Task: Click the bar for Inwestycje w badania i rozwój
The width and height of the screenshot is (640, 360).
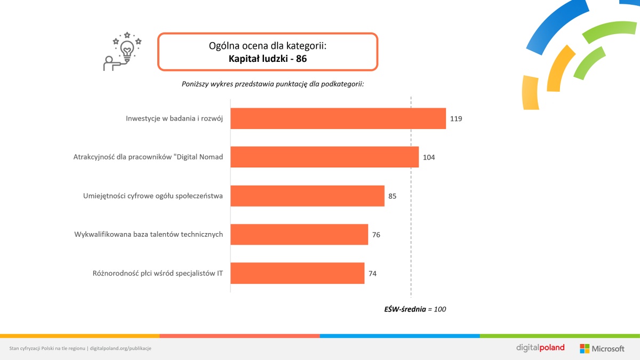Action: pyautogui.click(x=338, y=118)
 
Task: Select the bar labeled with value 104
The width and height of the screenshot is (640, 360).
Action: pyautogui.click(x=324, y=157)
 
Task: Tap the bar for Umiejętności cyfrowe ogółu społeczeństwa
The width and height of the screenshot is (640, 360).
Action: pyautogui.click(x=307, y=196)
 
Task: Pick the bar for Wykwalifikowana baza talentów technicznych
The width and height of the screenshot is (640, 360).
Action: pyautogui.click(x=299, y=235)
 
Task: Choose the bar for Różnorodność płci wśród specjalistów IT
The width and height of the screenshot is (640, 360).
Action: pyautogui.click(x=297, y=273)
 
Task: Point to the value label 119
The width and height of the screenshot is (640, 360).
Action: pyautogui.click(x=455, y=118)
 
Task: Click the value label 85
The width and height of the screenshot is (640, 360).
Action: pyautogui.click(x=393, y=196)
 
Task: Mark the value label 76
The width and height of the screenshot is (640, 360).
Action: pyautogui.click(x=376, y=235)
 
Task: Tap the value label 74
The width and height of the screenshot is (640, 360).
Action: pyautogui.click(x=372, y=274)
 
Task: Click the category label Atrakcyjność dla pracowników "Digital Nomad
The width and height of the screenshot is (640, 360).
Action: pyautogui.click(x=148, y=157)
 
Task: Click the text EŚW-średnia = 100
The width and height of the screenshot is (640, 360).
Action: pyautogui.click(x=415, y=309)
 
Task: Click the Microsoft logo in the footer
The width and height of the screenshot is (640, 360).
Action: pyautogui.click(x=602, y=348)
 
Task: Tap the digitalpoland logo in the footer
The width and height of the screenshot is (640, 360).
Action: pyautogui.click(x=540, y=348)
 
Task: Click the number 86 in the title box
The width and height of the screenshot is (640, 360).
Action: pyautogui.click(x=301, y=59)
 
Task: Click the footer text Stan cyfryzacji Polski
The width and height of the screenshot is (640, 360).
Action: pyautogui.click(x=47, y=348)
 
